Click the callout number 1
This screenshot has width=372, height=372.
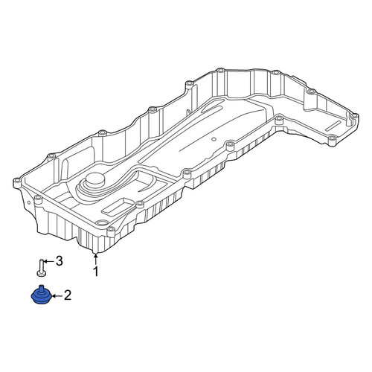tap(96, 272)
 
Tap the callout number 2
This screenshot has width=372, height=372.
tap(68, 295)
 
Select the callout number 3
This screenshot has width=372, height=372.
tap(59, 261)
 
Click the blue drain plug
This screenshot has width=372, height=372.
tap(42, 295)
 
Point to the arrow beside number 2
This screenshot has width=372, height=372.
tap(57, 296)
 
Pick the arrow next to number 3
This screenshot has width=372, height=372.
tap(48, 261)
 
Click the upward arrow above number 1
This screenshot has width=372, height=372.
tap(95, 260)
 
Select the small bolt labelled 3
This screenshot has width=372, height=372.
tap(41, 267)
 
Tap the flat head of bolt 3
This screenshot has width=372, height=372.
tap(41, 273)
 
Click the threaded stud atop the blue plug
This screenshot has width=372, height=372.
tap(42, 288)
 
